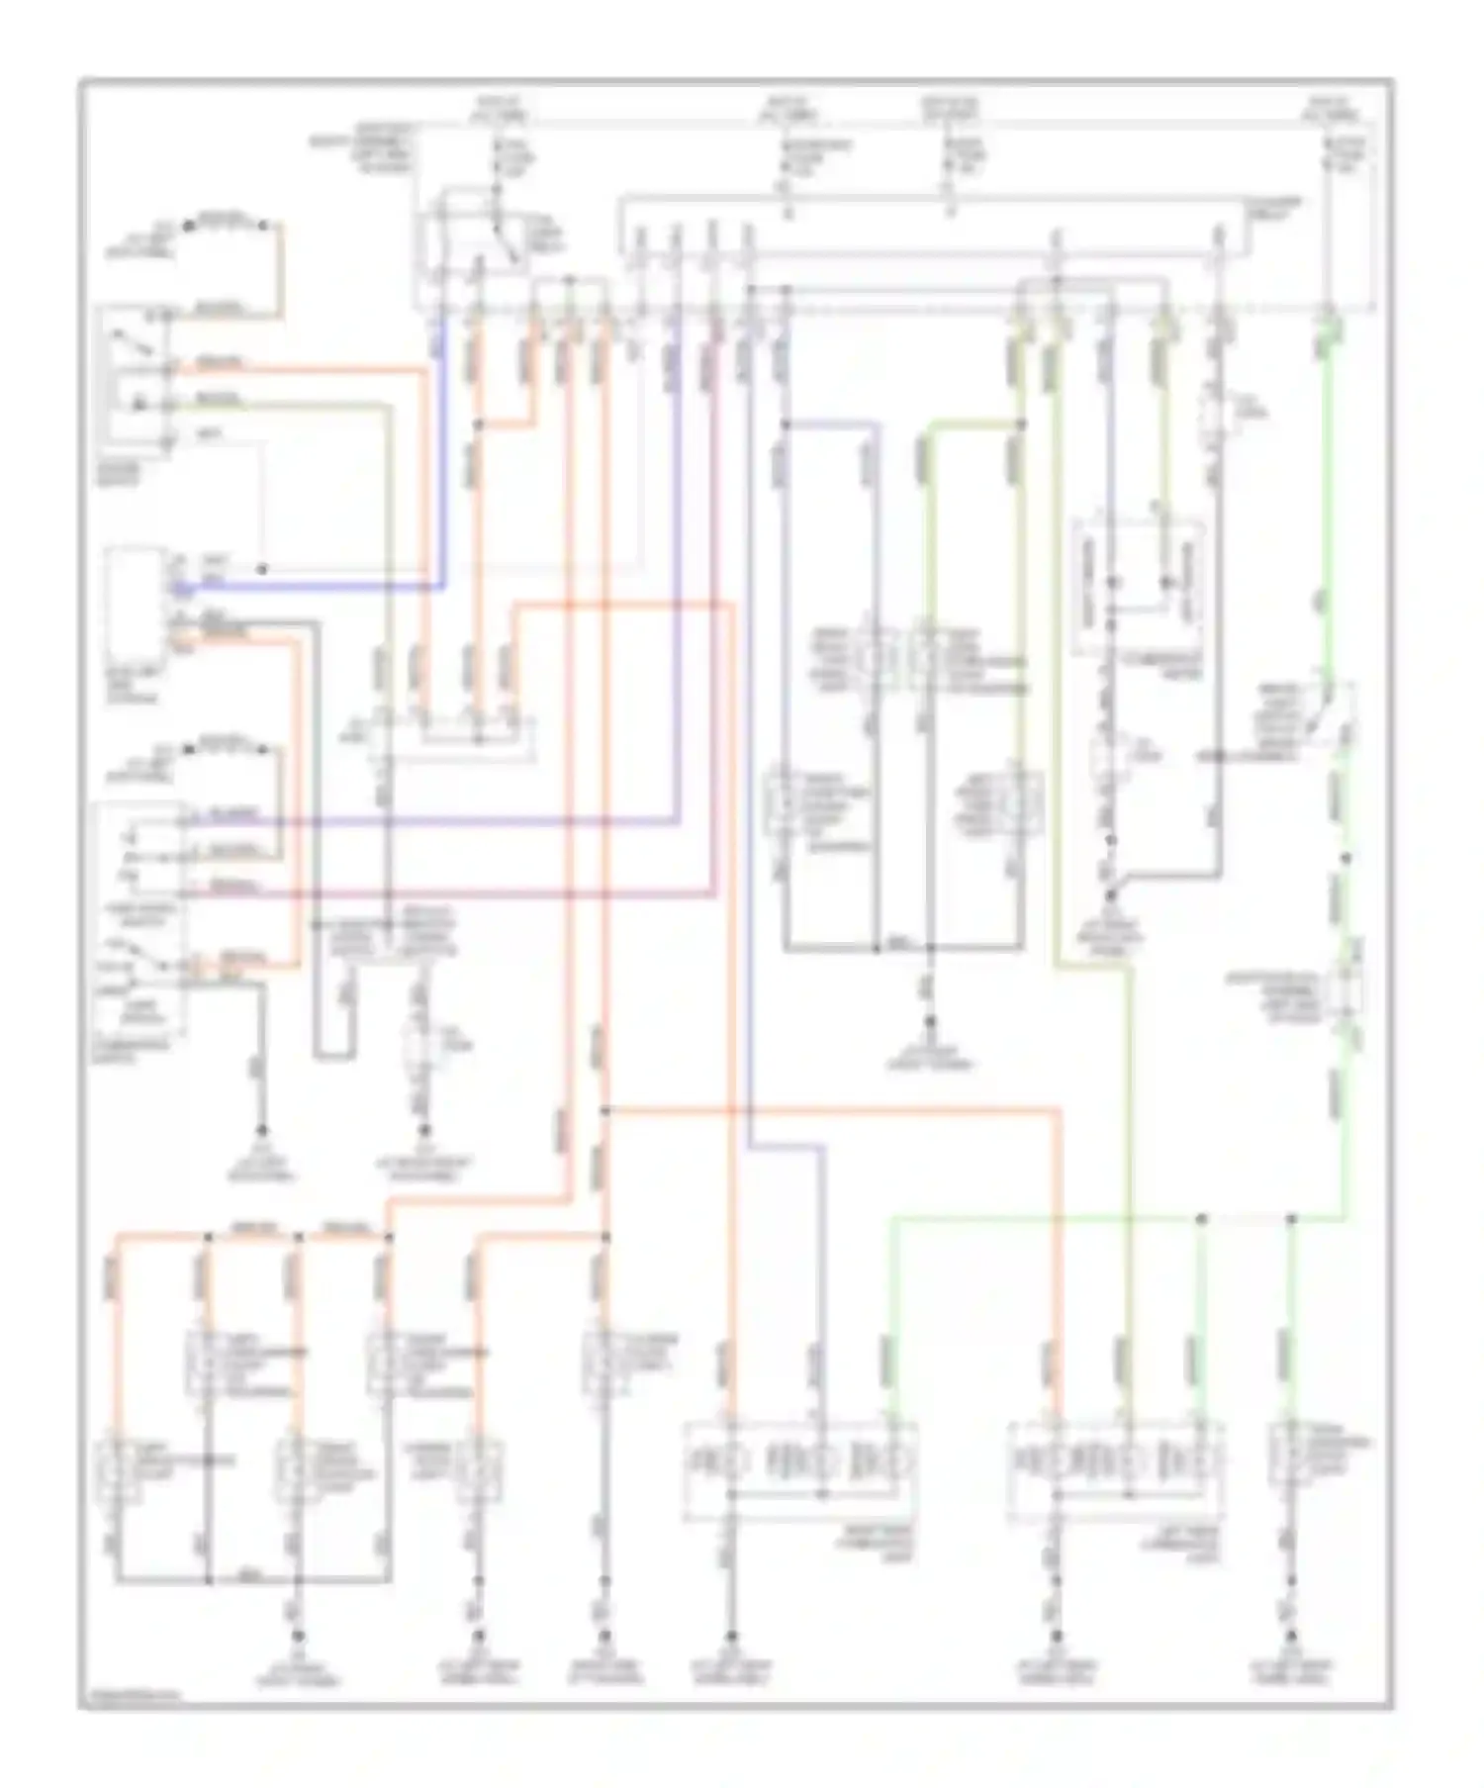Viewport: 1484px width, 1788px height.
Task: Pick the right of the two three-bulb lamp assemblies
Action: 1116,1462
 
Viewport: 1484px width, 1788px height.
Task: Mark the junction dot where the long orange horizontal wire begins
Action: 604,1110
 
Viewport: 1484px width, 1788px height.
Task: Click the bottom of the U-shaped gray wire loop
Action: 333,1057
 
